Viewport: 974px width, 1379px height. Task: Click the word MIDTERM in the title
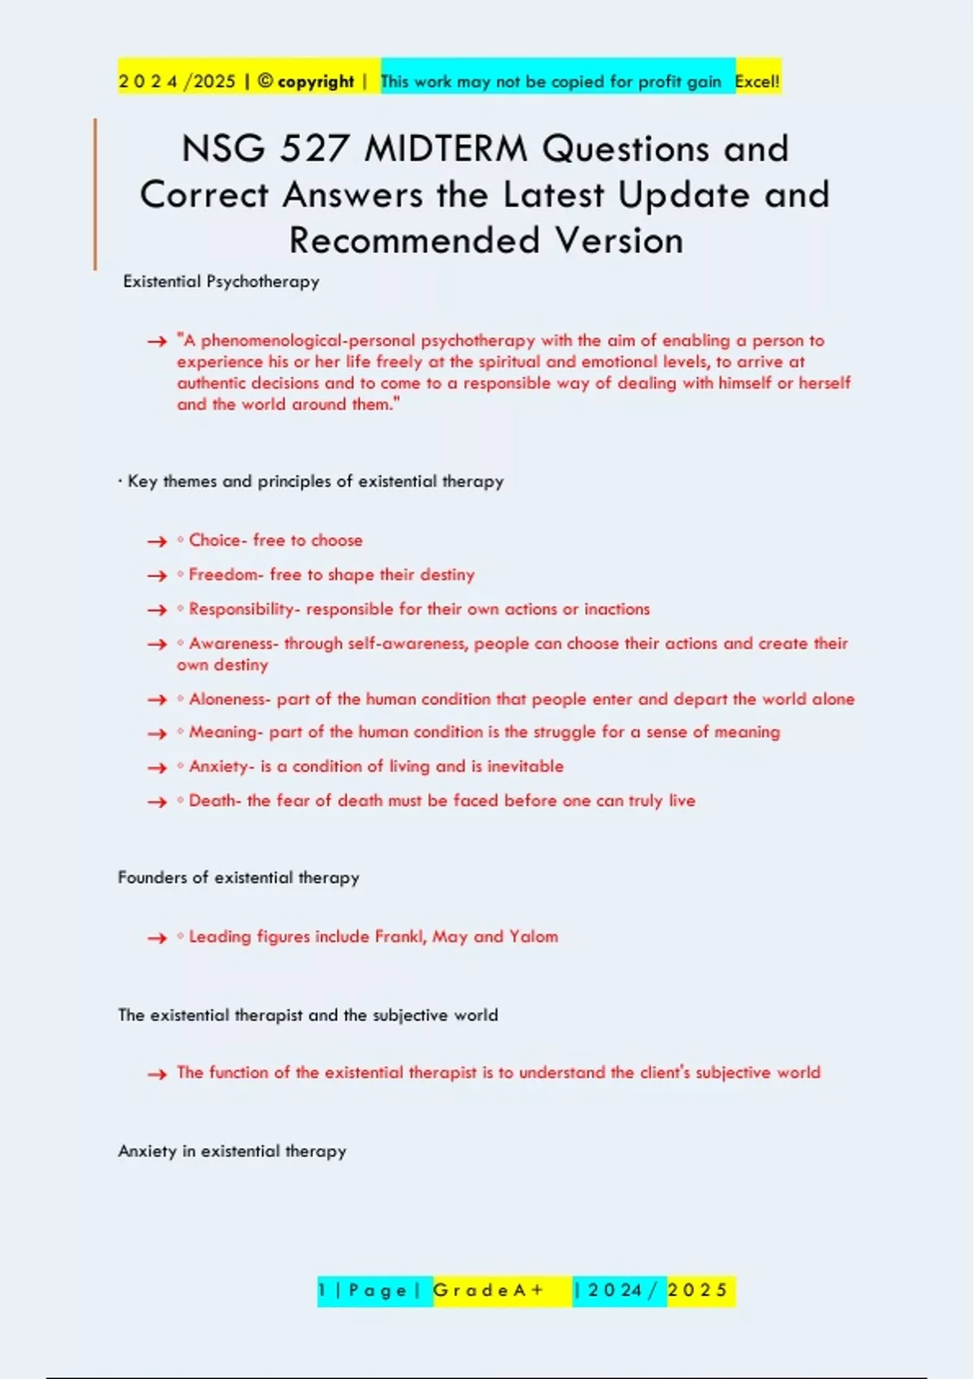click(x=446, y=149)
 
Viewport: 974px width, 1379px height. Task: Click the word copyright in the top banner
click(x=316, y=81)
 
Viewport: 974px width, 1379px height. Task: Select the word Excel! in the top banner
click(x=757, y=81)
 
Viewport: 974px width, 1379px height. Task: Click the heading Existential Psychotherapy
click(x=221, y=281)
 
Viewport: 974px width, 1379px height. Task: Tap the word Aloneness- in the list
click(x=230, y=699)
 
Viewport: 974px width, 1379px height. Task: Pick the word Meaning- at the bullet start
click(x=226, y=732)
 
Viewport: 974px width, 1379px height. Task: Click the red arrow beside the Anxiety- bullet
click(x=157, y=767)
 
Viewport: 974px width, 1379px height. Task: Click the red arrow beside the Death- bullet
click(x=157, y=802)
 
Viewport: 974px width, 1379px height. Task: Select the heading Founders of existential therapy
click(x=239, y=878)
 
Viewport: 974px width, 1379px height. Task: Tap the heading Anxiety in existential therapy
click(x=232, y=1151)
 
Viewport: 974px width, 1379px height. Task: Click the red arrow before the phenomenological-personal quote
click(x=157, y=342)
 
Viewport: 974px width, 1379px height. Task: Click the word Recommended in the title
click(x=415, y=241)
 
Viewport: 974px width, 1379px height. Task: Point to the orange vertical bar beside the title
click(x=95, y=195)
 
